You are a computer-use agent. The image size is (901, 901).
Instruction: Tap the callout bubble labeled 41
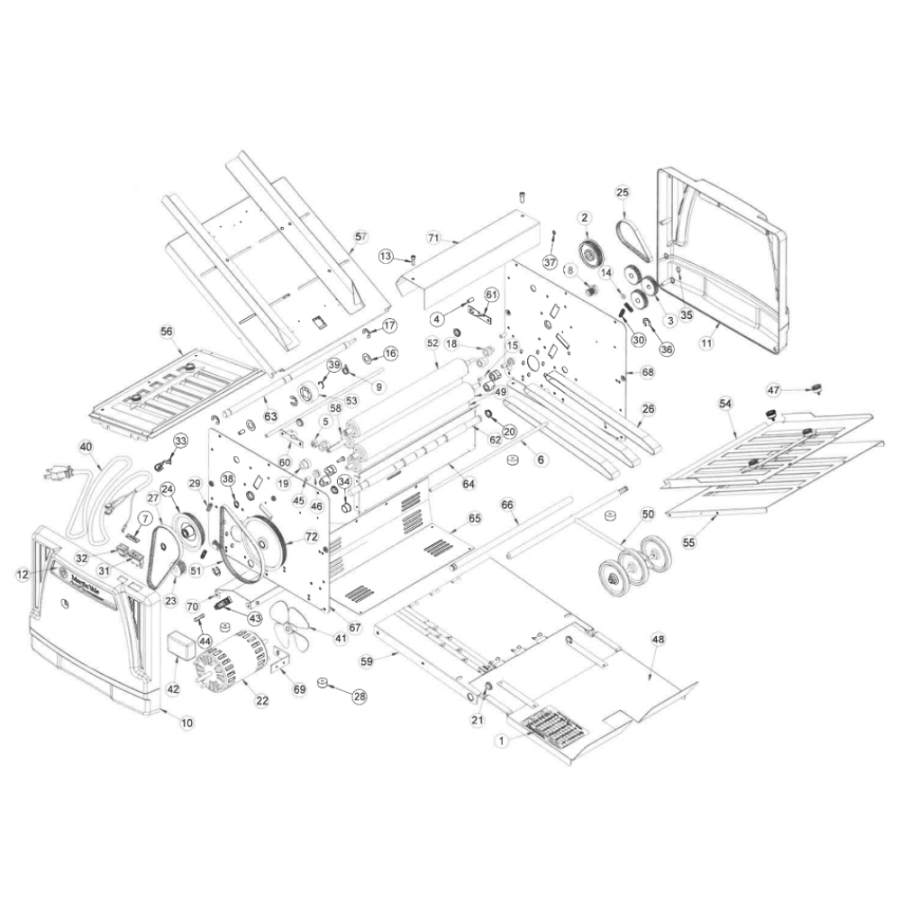(340, 638)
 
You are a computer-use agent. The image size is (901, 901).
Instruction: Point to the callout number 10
(187, 722)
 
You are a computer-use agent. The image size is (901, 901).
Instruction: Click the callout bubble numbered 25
(622, 192)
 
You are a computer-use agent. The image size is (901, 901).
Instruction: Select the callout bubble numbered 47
(773, 389)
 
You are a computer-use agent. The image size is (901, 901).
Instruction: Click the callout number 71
(433, 238)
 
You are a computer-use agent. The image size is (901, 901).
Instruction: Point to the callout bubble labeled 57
(360, 236)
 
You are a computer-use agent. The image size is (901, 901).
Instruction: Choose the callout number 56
(167, 332)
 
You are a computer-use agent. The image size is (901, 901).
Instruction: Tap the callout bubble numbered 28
(359, 696)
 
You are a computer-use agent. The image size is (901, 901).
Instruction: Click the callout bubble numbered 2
(584, 217)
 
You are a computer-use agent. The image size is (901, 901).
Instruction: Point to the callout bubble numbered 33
(180, 441)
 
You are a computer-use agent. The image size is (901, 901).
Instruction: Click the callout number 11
(706, 342)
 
